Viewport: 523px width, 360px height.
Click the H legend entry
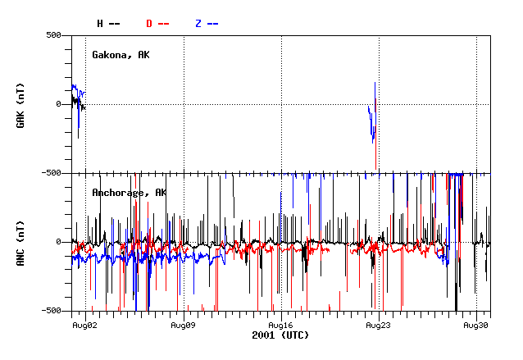108,23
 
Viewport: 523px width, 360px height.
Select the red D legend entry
157,23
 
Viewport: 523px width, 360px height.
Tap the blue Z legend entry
207,23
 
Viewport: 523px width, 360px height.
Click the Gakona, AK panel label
121,54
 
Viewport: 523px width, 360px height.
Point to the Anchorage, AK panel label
129,192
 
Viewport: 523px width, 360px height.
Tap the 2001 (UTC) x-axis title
280,335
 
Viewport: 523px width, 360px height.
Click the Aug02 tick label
85,325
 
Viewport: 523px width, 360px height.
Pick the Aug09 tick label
183,325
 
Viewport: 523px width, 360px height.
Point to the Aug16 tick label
280,325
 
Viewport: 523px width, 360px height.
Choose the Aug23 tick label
378,325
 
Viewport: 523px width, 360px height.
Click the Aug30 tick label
476,325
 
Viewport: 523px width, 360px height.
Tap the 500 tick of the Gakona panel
54,35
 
